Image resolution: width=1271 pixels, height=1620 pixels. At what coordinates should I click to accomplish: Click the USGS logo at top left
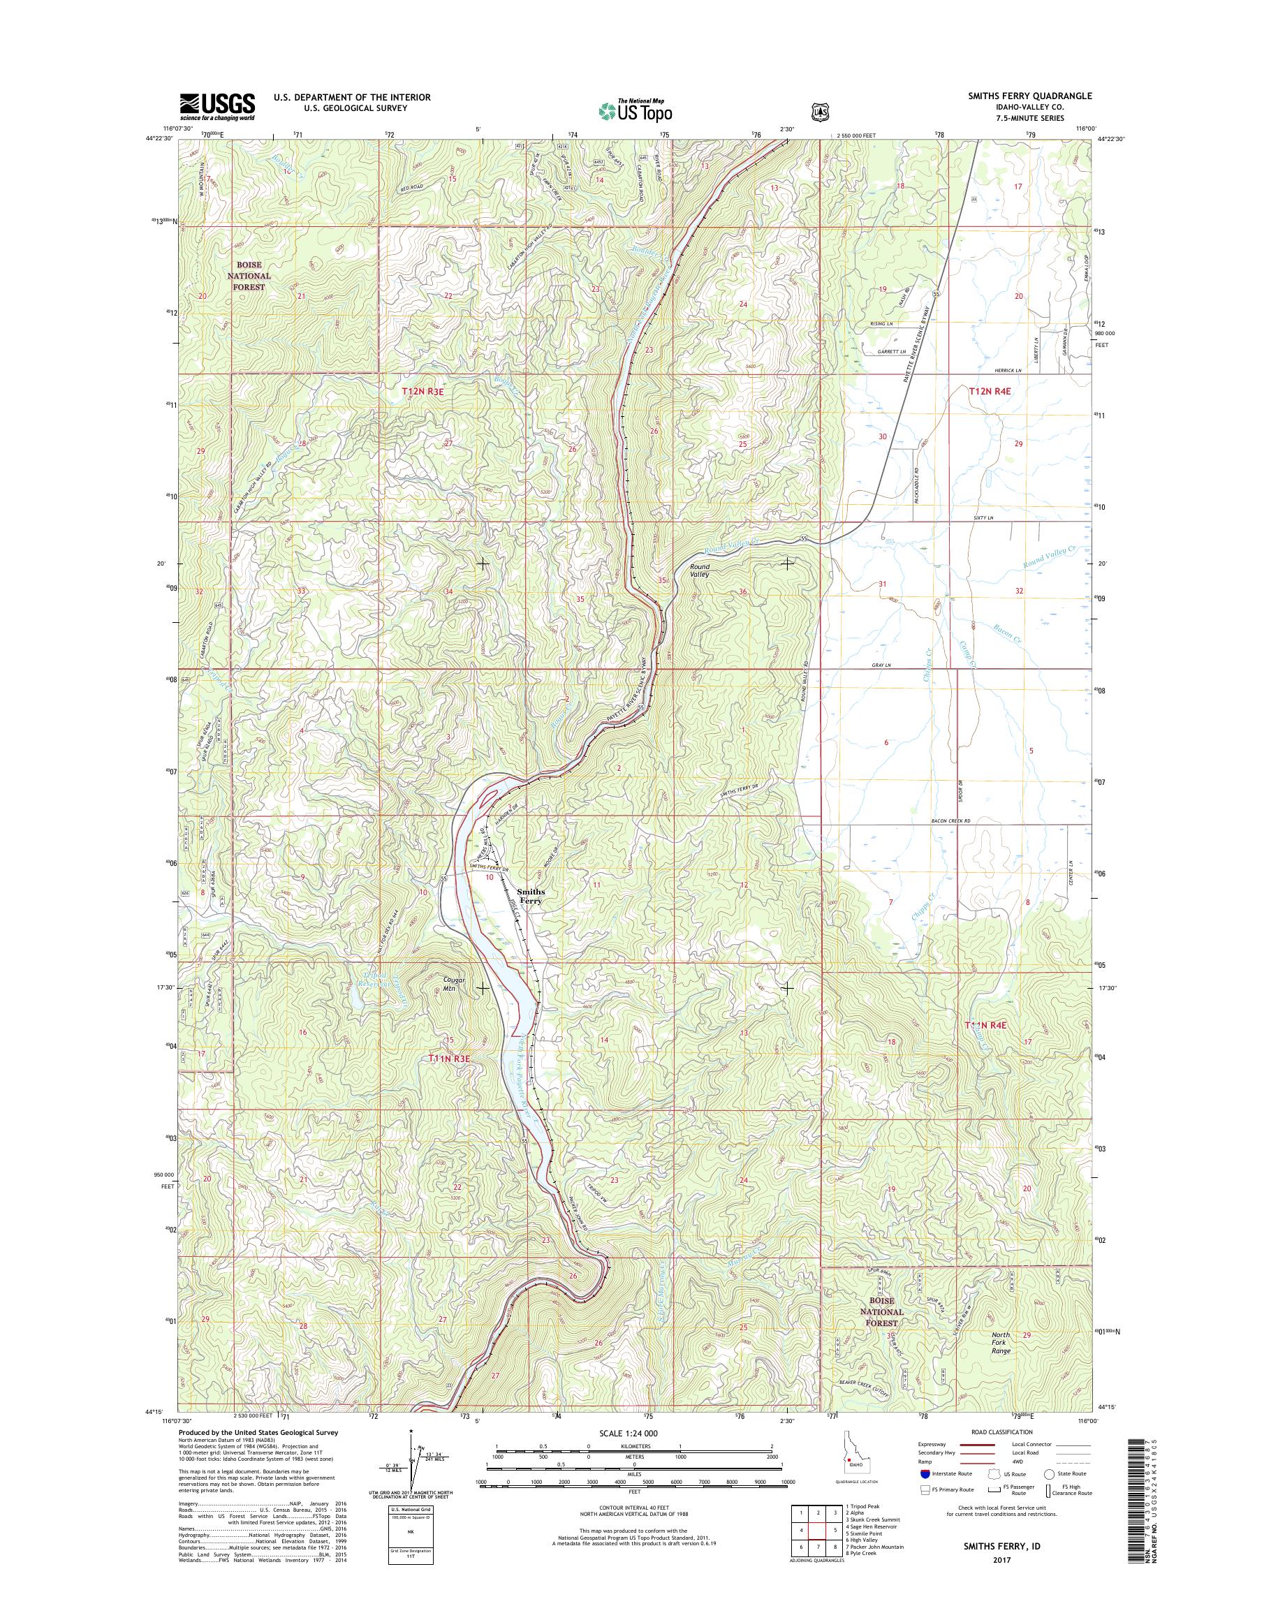(x=216, y=106)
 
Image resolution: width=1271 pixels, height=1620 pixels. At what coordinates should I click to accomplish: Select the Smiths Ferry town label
(x=531, y=896)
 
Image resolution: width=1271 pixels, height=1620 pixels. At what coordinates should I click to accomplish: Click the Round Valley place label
(x=699, y=570)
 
